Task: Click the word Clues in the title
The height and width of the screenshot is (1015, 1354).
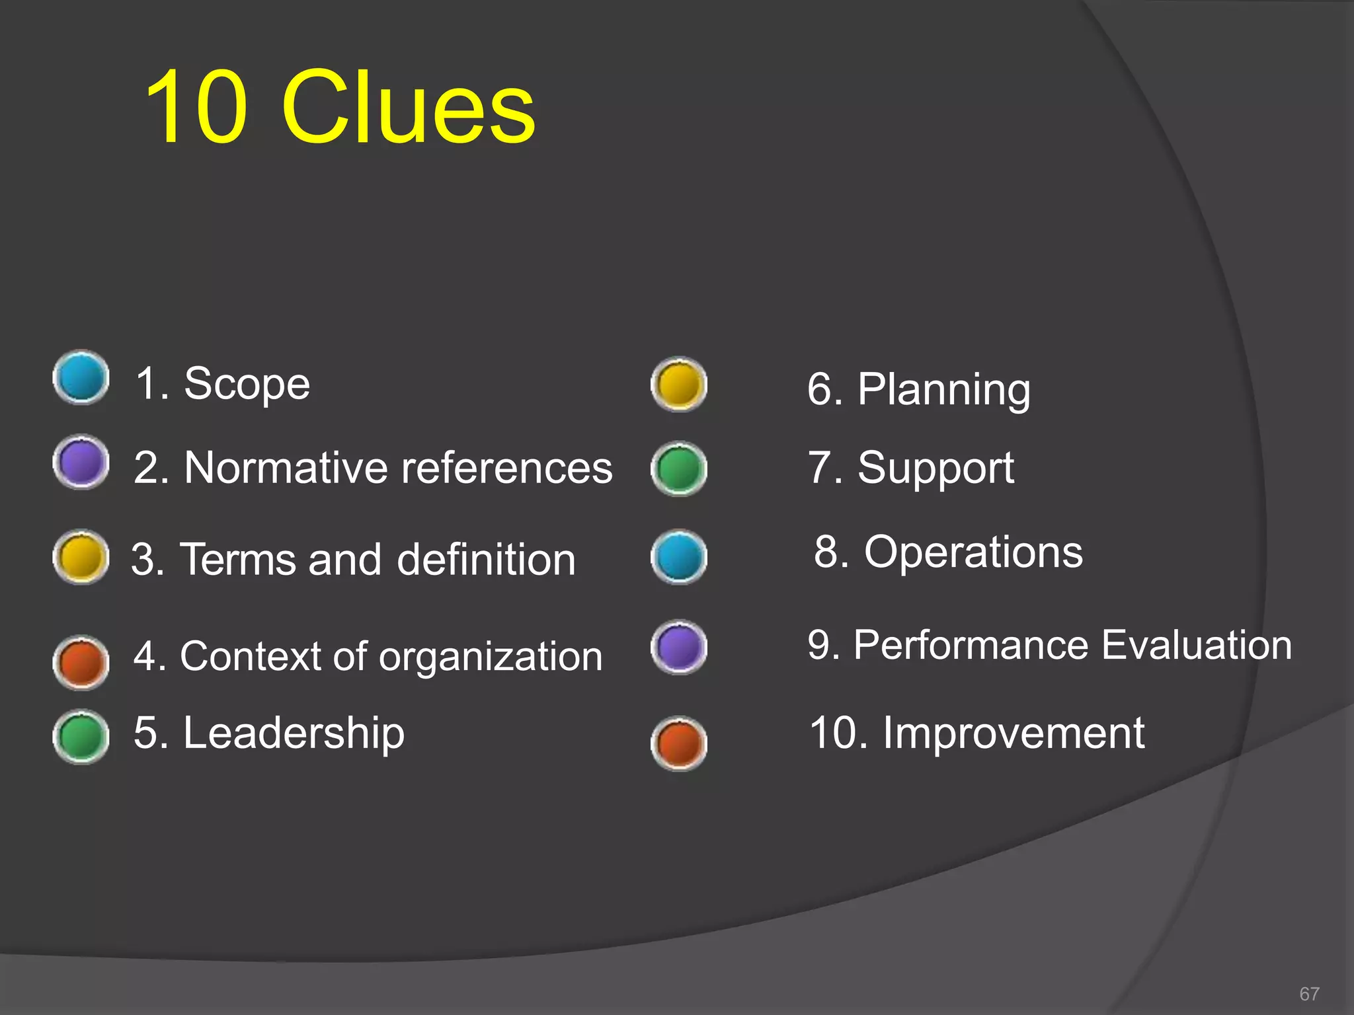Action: click(x=408, y=108)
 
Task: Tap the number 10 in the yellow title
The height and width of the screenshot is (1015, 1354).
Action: click(x=197, y=108)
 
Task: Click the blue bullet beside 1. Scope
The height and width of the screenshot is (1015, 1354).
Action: click(x=81, y=377)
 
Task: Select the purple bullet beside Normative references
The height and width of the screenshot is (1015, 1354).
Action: click(x=81, y=462)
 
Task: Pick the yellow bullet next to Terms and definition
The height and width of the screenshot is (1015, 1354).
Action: click(x=81, y=557)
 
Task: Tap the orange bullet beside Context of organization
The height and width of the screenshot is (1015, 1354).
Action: click(x=81, y=663)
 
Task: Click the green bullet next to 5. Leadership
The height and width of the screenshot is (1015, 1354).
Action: click(x=81, y=737)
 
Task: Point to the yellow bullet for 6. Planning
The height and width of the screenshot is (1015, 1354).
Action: click(x=679, y=385)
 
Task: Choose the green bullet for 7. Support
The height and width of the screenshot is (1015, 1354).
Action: click(x=679, y=469)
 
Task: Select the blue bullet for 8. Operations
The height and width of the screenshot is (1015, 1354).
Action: click(x=679, y=557)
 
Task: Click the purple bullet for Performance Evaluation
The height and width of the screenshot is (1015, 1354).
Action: click(x=679, y=647)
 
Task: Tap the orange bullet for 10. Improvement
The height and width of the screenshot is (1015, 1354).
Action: click(x=679, y=743)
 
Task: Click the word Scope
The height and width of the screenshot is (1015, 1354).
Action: click(x=247, y=384)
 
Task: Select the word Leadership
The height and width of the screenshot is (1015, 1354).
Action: click(x=294, y=733)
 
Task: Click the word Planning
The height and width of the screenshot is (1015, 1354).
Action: click(x=943, y=390)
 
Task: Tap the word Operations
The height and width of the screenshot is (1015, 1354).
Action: click(x=973, y=552)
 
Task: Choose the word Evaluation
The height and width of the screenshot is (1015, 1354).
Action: click(x=1197, y=645)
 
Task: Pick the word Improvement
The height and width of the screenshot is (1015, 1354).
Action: click(x=1014, y=733)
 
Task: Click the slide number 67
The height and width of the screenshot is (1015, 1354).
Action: click(x=1309, y=994)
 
